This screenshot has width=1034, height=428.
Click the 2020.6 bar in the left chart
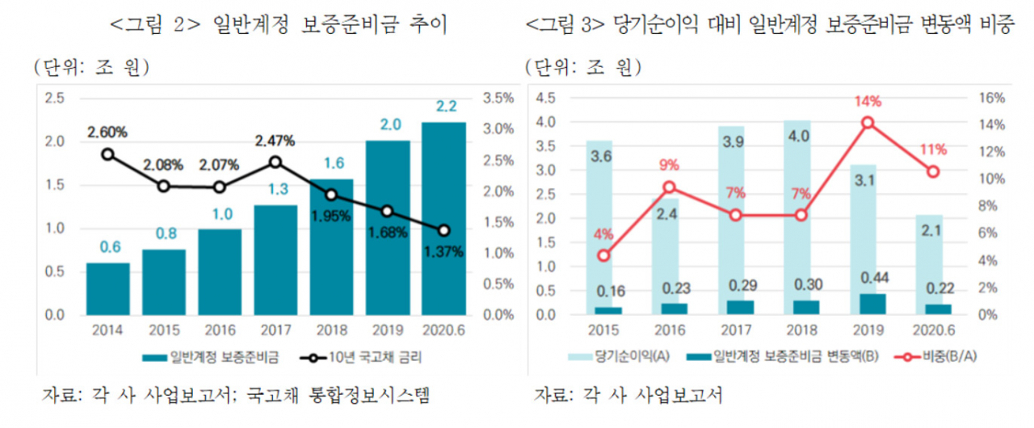pyautogui.click(x=443, y=219)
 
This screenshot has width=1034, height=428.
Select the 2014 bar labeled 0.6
pyautogui.click(x=108, y=289)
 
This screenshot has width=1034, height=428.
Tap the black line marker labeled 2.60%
pyautogui.click(x=108, y=154)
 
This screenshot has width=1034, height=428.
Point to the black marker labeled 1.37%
pyautogui.click(x=444, y=230)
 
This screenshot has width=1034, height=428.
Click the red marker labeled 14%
pyautogui.click(x=868, y=123)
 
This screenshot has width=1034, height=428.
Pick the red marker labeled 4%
pyautogui.click(x=603, y=255)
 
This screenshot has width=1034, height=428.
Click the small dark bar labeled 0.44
pyautogui.click(x=872, y=304)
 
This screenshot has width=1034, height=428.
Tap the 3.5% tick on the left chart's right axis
pyautogui.click(x=498, y=99)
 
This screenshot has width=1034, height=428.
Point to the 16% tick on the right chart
pyautogui.click(x=991, y=99)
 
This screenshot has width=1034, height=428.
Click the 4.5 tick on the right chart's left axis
pyautogui.click(x=545, y=99)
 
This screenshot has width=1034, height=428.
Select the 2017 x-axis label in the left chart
pyautogui.click(x=275, y=330)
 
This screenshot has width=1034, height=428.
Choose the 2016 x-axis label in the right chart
pyautogui.click(x=670, y=330)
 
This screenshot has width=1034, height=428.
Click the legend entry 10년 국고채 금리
pyautogui.click(x=360, y=358)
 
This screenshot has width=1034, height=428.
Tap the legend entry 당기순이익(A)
pyautogui.click(x=619, y=356)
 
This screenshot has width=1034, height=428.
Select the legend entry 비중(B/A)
pyautogui.click(x=935, y=356)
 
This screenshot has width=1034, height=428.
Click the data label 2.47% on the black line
pyautogui.click(x=275, y=141)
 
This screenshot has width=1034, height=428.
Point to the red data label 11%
pyautogui.click(x=933, y=149)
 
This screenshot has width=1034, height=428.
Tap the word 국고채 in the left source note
pyautogui.click(x=272, y=395)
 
